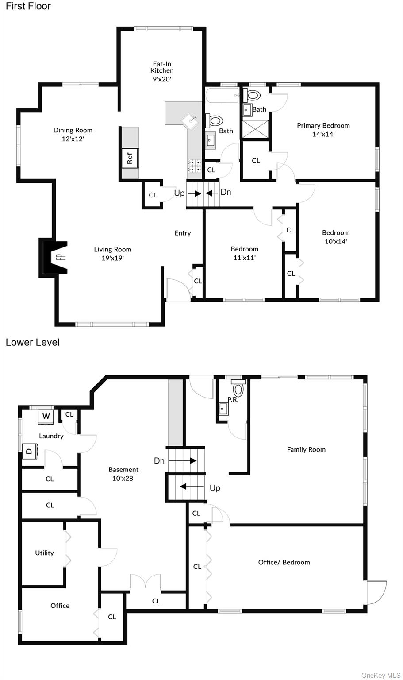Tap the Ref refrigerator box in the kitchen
(x=130, y=158)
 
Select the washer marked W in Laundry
(x=46, y=416)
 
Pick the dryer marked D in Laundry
(x=30, y=451)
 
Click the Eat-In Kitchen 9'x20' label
(x=162, y=71)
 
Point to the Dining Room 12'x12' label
(x=73, y=135)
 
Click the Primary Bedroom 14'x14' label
(x=323, y=130)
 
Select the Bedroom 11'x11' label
(x=244, y=253)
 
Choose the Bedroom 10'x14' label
(x=336, y=237)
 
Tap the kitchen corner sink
(x=190, y=121)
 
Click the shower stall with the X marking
(x=256, y=129)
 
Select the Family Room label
(x=306, y=450)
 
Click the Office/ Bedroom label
(x=284, y=562)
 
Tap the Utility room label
(x=44, y=553)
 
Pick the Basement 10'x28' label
(x=123, y=474)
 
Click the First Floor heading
(x=28, y=6)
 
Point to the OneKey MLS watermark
(x=381, y=675)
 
